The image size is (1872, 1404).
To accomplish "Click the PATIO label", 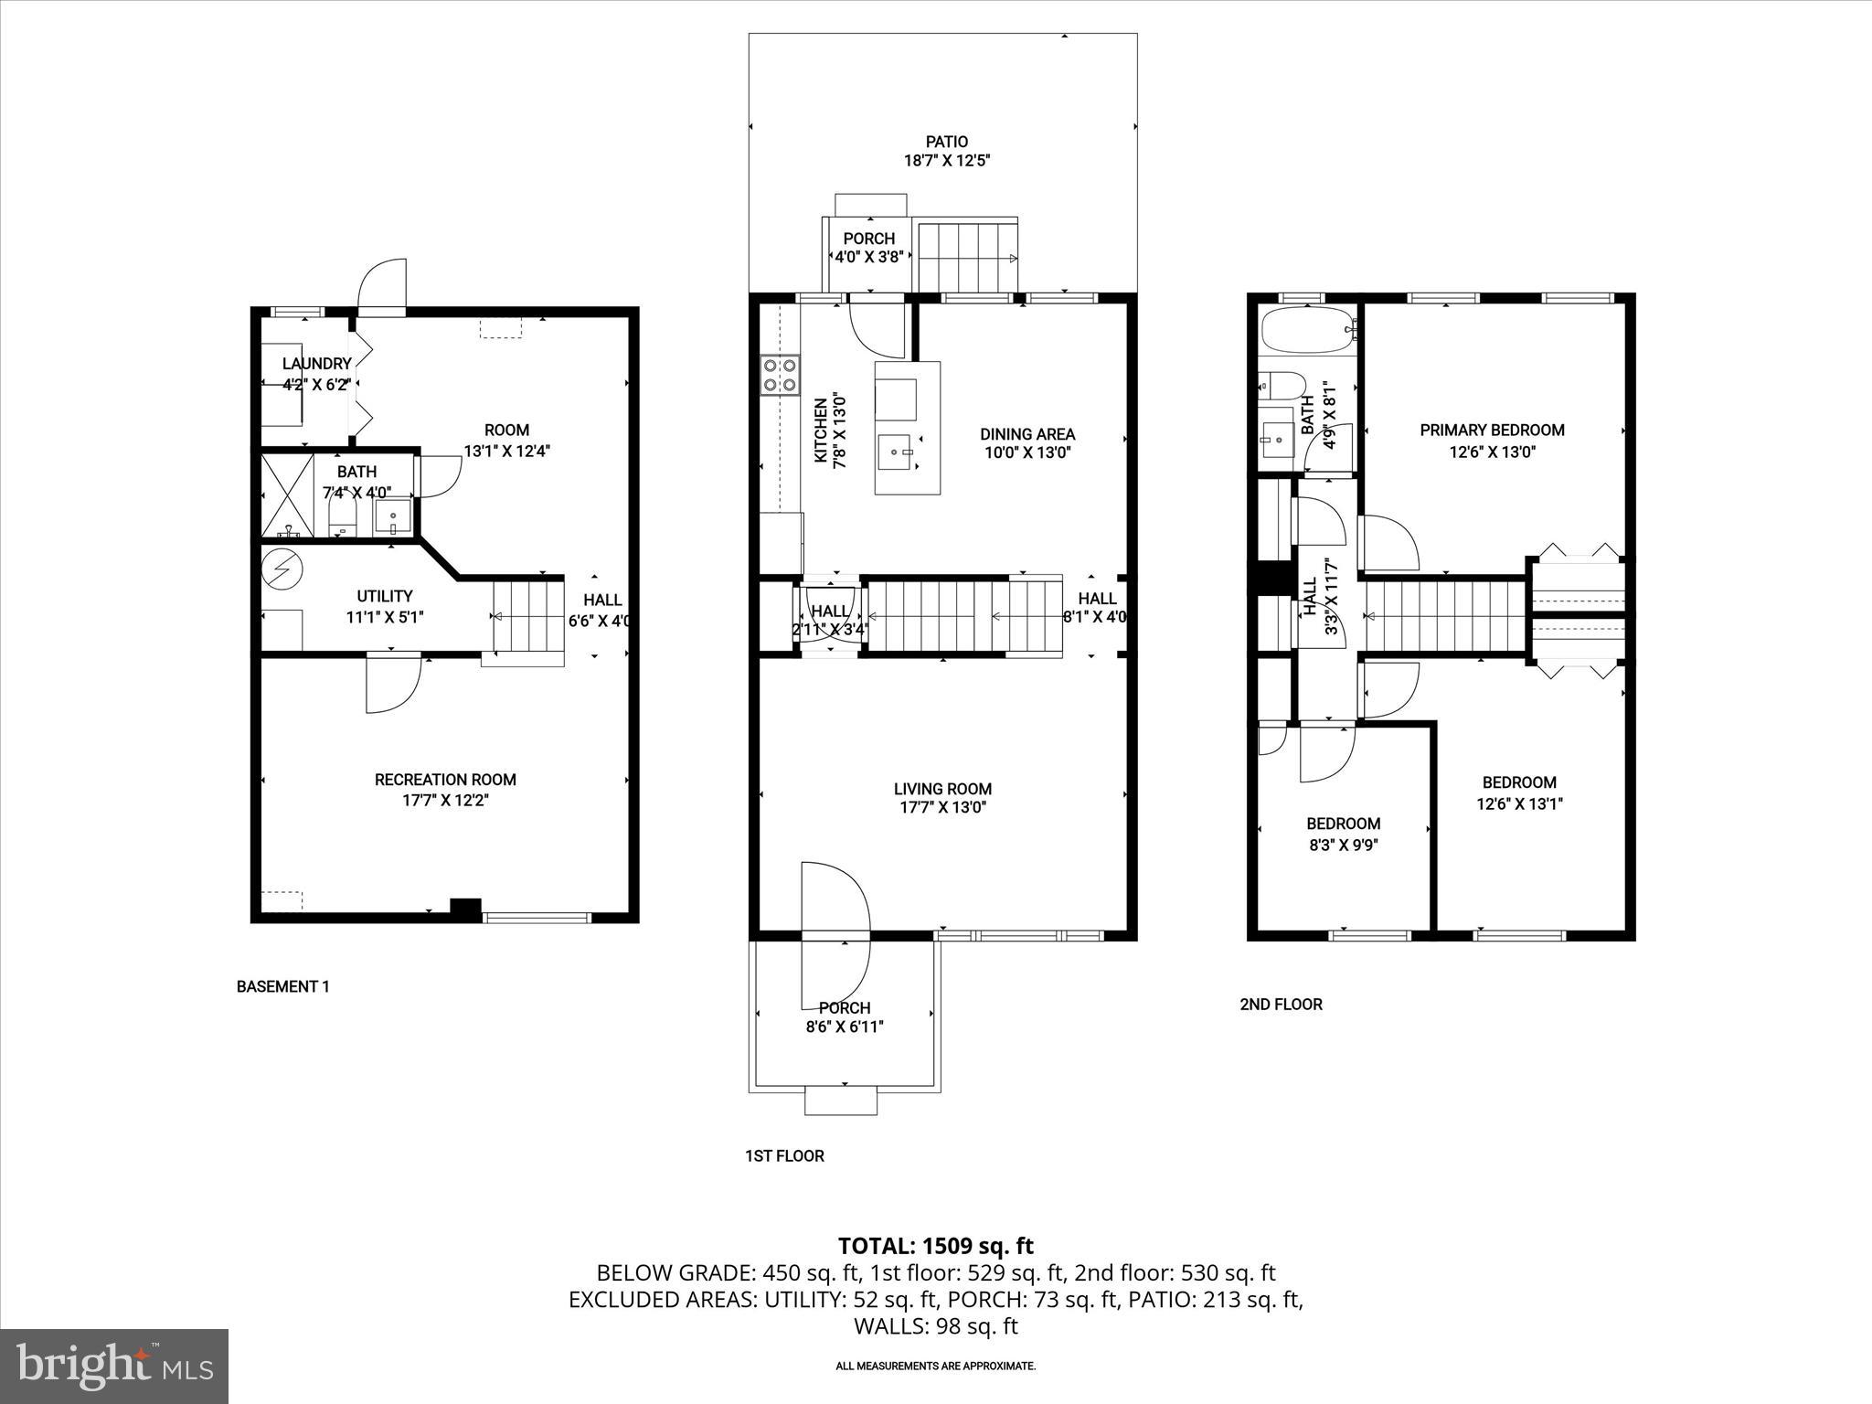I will (x=946, y=142).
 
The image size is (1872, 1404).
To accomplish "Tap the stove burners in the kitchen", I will (x=779, y=375).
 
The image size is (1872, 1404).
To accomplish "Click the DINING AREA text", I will (x=1027, y=434).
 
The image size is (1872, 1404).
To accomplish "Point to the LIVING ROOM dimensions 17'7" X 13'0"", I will (x=941, y=807).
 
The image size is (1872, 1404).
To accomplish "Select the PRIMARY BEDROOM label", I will (x=1492, y=430).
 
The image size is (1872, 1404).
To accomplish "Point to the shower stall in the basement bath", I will (x=288, y=494).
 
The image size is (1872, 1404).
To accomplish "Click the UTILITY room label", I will (x=385, y=596).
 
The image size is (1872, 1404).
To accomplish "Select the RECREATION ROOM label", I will (x=445, y=780).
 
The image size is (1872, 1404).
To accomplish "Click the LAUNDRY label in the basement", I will (x=316, y=364).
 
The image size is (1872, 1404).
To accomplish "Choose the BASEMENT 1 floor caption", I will (x=282, y=986).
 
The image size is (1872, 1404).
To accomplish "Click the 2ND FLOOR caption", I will (x=1281, y=1004).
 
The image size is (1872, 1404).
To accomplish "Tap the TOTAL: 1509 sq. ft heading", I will (x=935, y=1246).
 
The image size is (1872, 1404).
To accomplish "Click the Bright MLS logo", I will (x=114, y=1366).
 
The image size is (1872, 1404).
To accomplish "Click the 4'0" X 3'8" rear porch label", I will (x=868, y=257).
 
